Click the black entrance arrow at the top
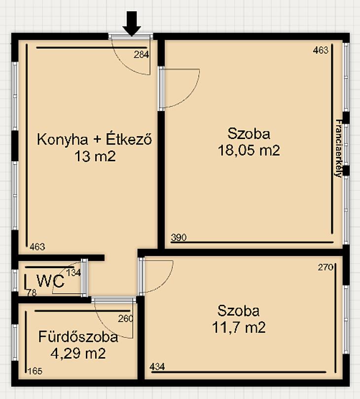coord(132,23)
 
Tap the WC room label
coord(50,281)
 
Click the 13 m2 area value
coord(95,156)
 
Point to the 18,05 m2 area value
coord(249,150)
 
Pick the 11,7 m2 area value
coord(239,327)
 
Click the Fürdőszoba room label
coord(78,337)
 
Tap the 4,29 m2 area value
coord(78,353)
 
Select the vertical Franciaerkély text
coord(339,148)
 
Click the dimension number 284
coord(142,55)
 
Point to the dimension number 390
coord(179,237)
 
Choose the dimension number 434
coord(157,367)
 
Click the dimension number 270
coord(325,267)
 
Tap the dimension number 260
coord(125,319)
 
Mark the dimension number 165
coord(35,371)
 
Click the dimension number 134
coord(73,273)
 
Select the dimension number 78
coord(32,293)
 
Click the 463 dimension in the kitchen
coord(37,247)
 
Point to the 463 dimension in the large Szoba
coord(321,50)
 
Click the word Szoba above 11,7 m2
coord(239,311)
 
